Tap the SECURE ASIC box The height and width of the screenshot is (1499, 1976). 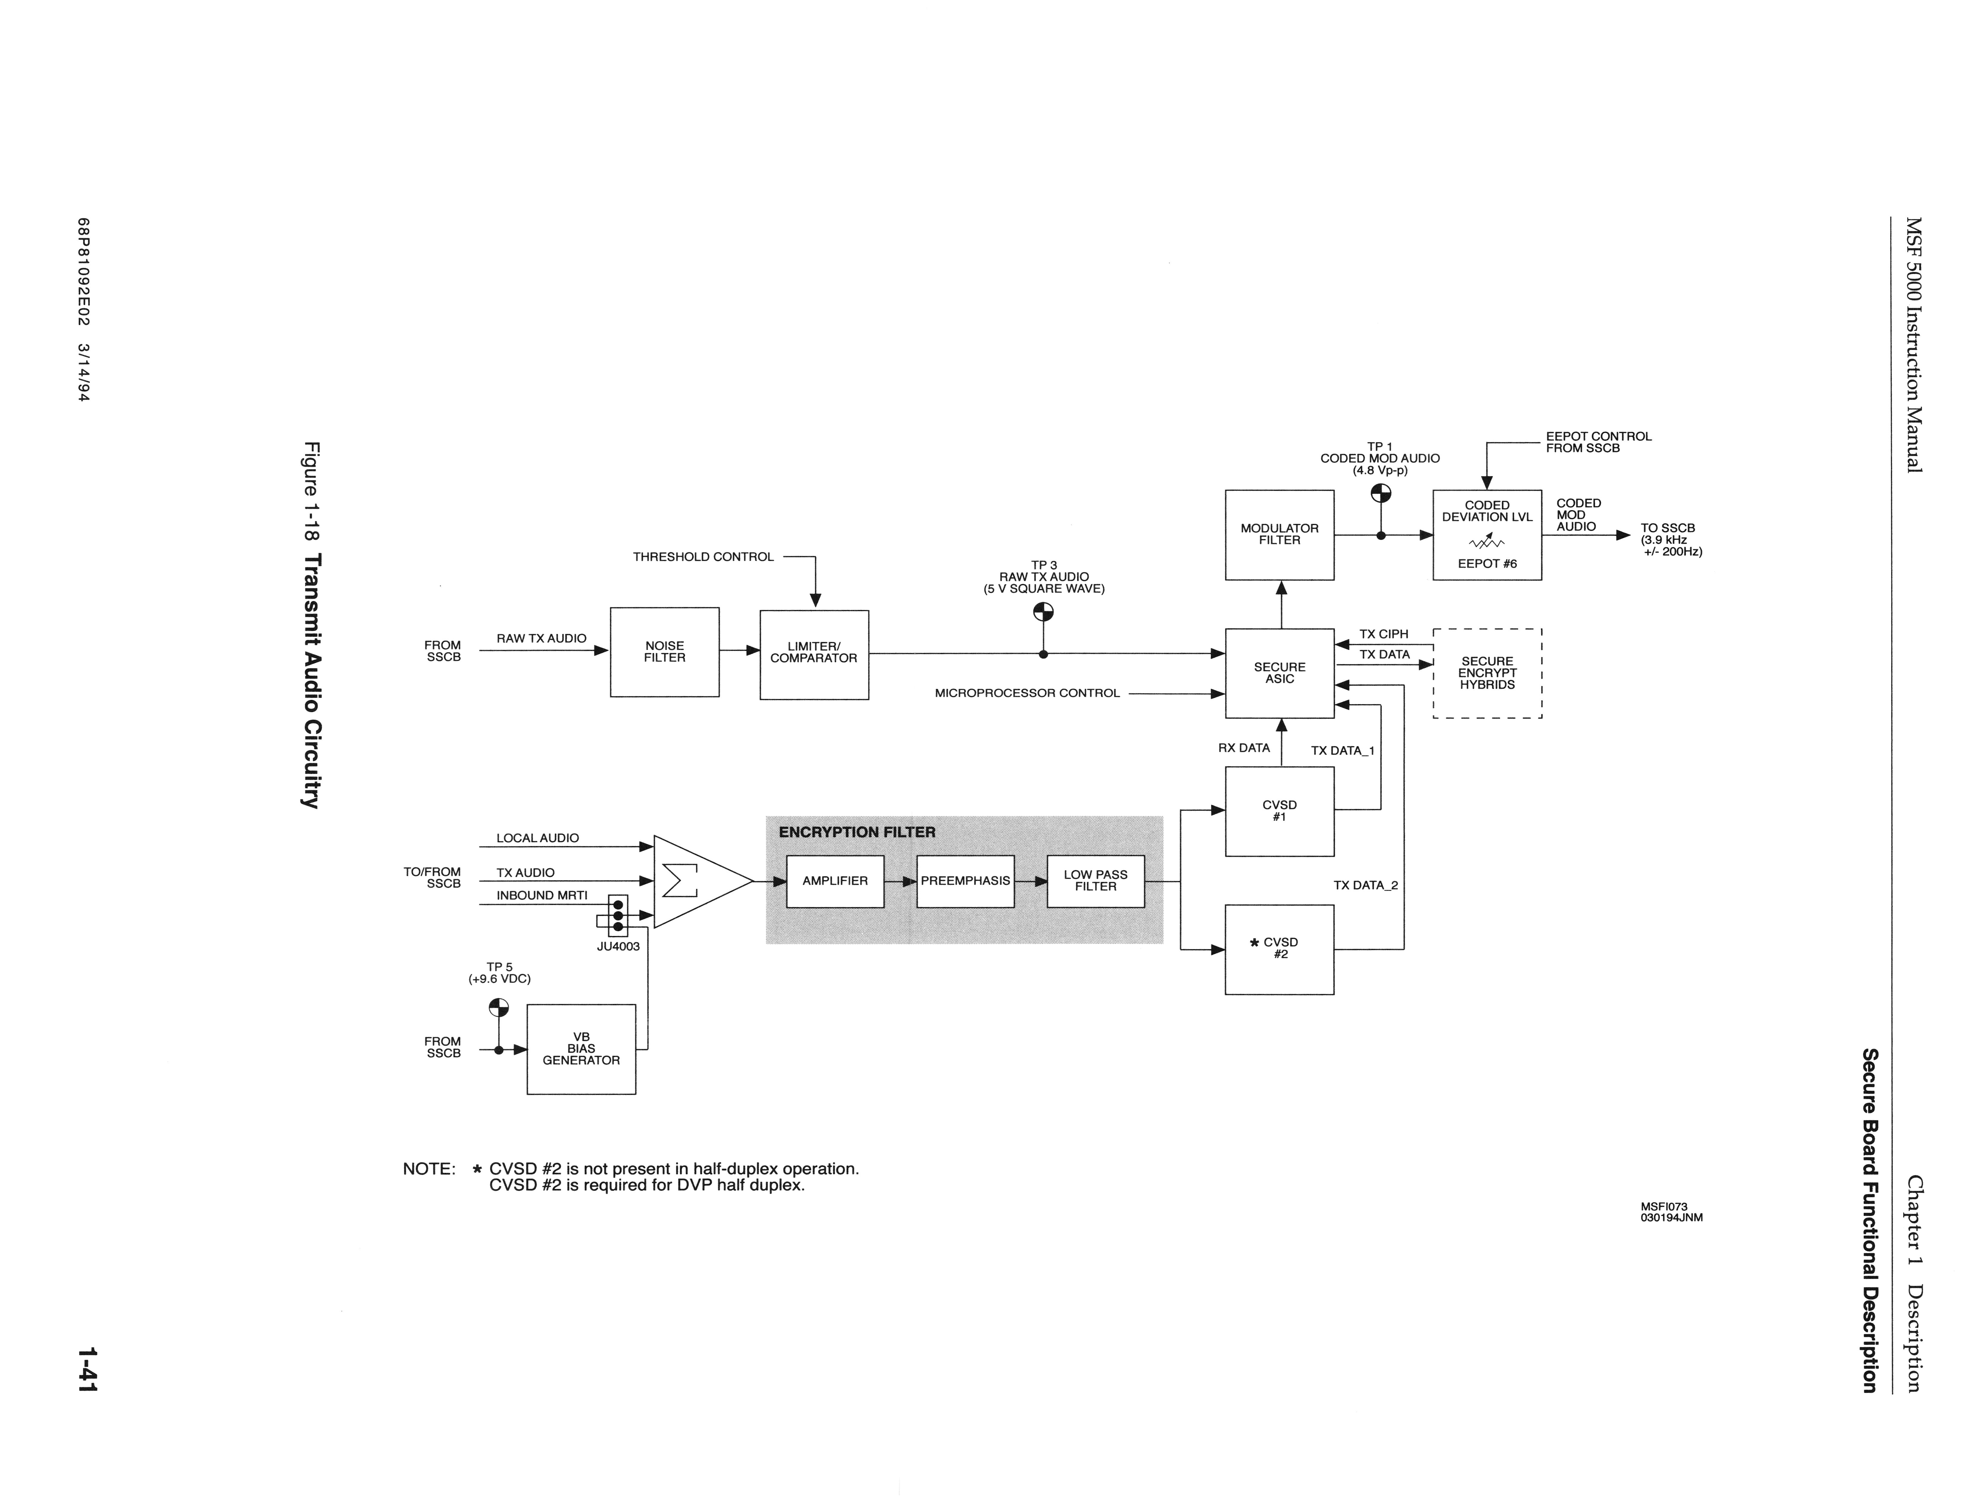pos(1279,673)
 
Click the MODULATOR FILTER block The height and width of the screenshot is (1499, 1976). pos(1279,534)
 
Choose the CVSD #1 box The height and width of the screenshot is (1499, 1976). pos(1279,811)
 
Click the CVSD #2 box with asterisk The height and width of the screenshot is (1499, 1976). pos(1279,949)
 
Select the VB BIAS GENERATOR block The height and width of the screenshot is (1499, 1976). pos(581,1049)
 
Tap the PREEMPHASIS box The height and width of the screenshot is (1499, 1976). pos(965,881)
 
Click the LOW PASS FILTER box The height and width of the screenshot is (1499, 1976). pos(1095,881)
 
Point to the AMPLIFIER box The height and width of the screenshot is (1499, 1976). pos(834,881)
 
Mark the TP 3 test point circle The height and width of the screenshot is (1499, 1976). pos(1043,612)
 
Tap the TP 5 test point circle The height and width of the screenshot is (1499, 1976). pos(498,1008)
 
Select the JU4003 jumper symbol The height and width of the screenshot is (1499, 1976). pos(617,916)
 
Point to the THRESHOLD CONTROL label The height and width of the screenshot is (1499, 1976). pos(703,556)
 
